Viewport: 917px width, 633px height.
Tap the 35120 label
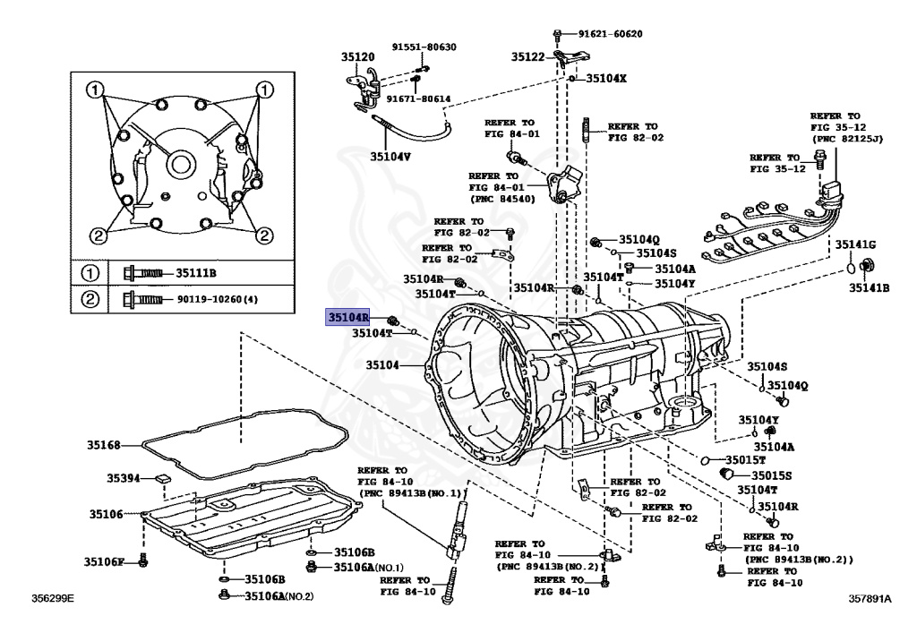357,56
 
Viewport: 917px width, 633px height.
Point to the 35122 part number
528,56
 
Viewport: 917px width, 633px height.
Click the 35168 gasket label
103,444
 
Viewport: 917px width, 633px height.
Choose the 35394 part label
123,478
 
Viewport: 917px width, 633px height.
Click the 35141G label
856,245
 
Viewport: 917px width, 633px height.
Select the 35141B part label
869,287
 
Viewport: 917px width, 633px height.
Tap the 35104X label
605,78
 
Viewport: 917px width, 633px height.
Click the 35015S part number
771,475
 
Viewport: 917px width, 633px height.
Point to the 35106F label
104,561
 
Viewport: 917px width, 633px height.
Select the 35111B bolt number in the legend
196,272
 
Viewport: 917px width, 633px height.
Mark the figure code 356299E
53,596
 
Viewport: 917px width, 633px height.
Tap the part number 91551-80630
423,47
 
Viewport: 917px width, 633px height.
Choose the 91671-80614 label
420,98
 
